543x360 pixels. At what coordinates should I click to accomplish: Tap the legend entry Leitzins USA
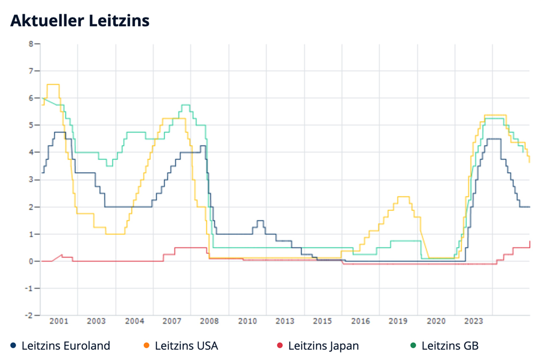[186, 346]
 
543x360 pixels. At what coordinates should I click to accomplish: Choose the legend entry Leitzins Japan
[323, 346]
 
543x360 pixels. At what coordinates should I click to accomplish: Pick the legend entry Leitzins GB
[450, 346]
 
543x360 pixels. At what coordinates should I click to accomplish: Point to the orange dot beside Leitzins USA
[146, 346]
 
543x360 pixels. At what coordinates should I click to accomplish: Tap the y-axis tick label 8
[31, 43]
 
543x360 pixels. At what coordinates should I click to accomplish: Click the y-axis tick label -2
[29, 315]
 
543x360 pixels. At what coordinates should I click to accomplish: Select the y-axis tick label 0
[31, 261]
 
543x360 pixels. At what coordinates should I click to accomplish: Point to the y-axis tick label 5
[31, 125]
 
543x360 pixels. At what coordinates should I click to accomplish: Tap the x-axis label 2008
[209, 321]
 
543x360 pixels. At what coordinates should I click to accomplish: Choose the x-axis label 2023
[473, 321]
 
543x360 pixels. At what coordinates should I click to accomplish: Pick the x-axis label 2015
[322, 321]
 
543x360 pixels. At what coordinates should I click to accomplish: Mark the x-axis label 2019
[398, 321]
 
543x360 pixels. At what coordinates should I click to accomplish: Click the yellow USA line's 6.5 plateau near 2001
[53, 84]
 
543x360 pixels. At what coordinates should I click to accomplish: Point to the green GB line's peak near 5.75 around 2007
[185, 104]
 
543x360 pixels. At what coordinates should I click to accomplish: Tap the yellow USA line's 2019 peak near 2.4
[403, 197]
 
